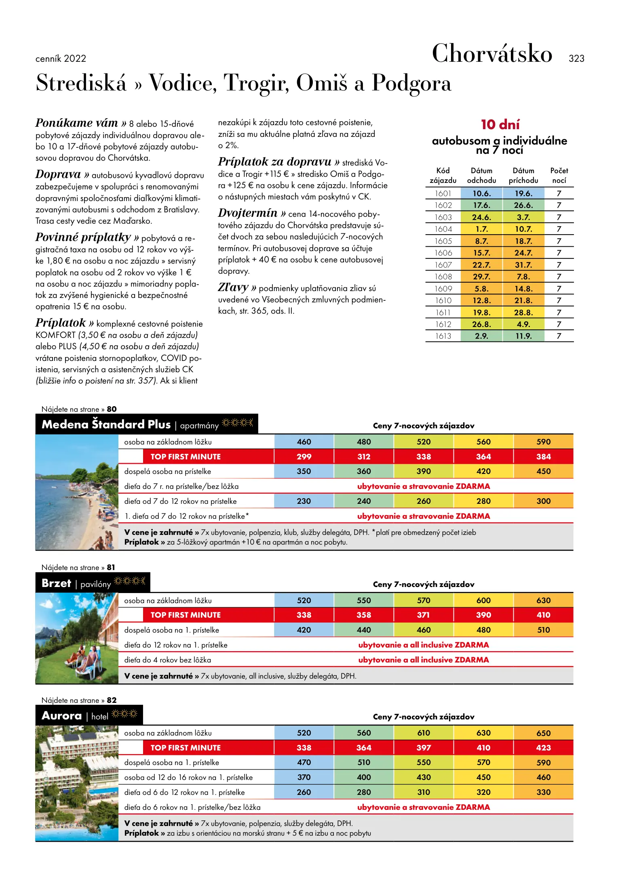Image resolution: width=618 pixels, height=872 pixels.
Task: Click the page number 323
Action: point(576,59)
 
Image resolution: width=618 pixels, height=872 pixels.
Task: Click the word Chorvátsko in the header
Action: point(492,54)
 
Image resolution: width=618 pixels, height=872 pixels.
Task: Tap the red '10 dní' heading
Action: point(500,124)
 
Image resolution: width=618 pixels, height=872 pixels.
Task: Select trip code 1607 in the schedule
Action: point(443,265)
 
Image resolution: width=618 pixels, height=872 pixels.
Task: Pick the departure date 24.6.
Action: point(481,217)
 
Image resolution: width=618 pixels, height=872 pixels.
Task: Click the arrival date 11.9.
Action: point(523,336)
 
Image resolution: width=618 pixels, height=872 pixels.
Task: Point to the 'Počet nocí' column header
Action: point(559,175)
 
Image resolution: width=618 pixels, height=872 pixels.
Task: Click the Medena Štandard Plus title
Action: point(106,424)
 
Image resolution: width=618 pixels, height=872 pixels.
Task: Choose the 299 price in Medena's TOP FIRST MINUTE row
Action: point(304,457)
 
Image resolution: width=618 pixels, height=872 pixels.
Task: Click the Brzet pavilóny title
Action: point(57,583)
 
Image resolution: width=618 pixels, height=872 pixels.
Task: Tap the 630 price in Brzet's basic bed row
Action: point(543,600)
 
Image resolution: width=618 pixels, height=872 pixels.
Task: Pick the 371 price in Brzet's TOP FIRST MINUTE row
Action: point(424,615)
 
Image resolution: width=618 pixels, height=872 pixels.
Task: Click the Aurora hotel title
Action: point(62,716)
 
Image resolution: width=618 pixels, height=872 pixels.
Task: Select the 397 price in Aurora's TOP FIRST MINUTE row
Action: point(424,748)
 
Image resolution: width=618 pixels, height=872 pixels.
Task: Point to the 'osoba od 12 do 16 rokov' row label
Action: point(188,777)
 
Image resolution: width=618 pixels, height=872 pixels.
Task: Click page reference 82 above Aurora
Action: point(112,700)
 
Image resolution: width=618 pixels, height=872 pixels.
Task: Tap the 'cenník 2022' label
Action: point(61,59)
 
